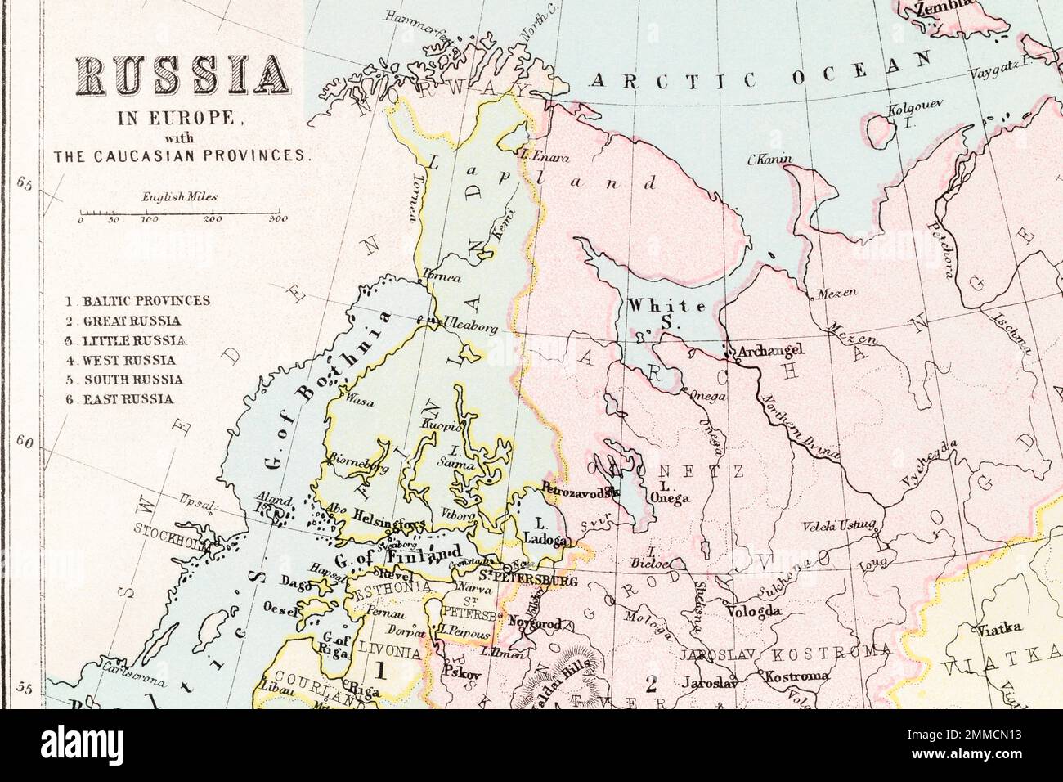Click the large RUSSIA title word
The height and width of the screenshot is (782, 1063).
[182, 79]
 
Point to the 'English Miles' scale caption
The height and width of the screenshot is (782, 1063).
[179, 197]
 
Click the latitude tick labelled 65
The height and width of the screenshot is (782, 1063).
[23, 184]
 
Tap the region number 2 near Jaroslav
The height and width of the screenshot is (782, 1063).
[651, 684]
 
